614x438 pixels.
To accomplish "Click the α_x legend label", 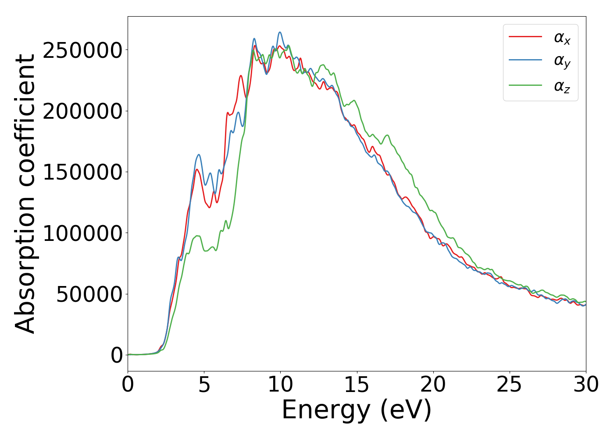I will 562,38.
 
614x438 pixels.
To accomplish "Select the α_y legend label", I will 562,62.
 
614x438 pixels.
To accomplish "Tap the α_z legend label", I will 562,86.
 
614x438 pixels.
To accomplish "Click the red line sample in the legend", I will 525,37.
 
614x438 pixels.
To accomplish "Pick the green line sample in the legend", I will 525,85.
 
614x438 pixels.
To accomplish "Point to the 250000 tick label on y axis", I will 82,50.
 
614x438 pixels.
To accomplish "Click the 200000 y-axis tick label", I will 82,111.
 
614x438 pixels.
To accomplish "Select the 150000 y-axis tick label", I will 82,172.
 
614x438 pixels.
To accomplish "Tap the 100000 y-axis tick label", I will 82,233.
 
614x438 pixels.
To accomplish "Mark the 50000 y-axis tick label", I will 89,294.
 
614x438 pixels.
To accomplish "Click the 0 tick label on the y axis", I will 117,355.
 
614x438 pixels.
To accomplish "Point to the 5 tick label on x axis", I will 204,385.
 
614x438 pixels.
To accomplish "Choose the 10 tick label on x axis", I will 280,385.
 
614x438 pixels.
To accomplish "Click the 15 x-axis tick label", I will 357,385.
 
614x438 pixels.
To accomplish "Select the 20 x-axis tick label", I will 433,385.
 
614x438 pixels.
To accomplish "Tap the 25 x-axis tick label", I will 510,385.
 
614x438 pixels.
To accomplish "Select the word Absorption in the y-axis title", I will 25,261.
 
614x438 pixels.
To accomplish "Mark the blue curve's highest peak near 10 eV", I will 280,32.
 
